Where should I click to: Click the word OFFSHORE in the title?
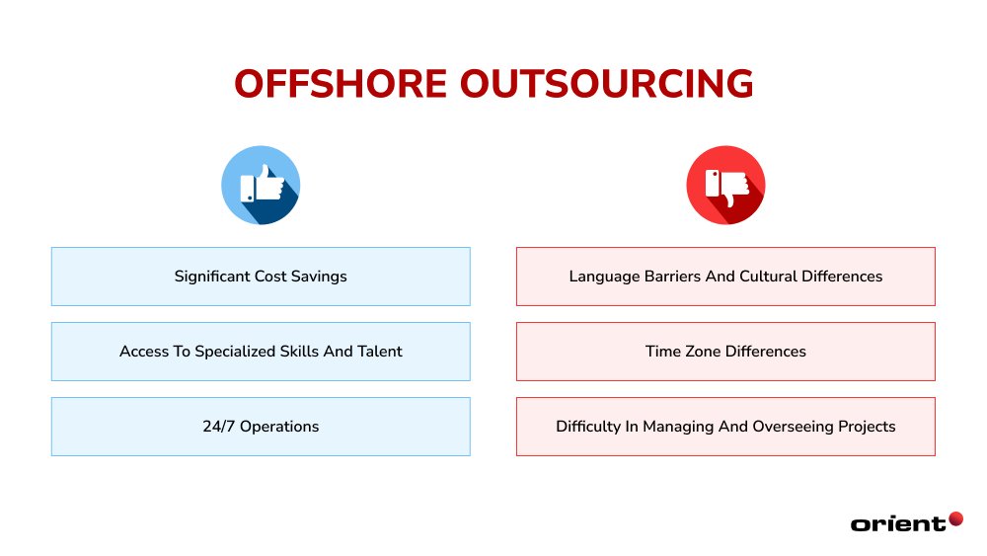pos(340,85)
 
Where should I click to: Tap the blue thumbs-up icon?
pos(261,186)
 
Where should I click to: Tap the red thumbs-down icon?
pos(725,186)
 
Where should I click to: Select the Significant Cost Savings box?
pos(261,277)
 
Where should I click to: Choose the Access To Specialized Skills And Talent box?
pos(261,352)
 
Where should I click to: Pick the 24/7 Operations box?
pos(261,427)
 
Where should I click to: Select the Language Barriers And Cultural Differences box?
pos(725,277)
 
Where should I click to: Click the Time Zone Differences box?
pos(725,352)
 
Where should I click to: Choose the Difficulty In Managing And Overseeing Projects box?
pos(725,427)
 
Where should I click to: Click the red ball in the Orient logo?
pos(955,517)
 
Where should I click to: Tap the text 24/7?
pos(219,427)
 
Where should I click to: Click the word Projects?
pos(864,427)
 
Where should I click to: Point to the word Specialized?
pos(249,352)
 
